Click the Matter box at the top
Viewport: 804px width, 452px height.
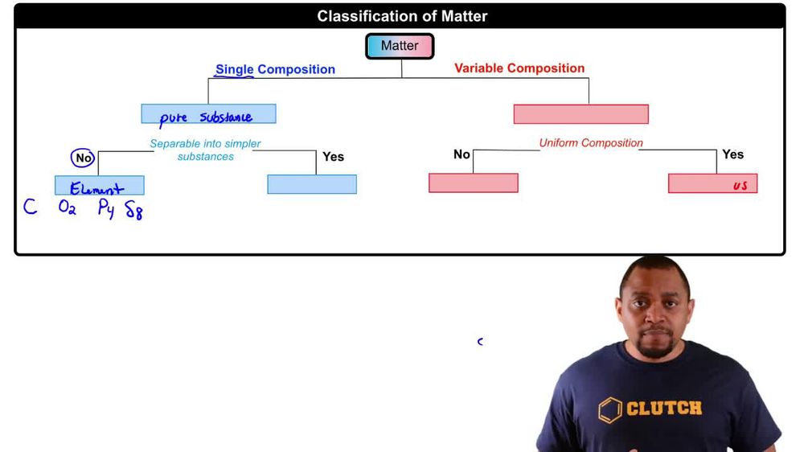click(400, 46)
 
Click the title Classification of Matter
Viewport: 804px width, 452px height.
click(402, 16)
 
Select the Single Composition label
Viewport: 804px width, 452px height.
click(275, 69)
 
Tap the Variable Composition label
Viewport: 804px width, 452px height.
click(519, 68)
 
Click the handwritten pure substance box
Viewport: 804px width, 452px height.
click(208, 114)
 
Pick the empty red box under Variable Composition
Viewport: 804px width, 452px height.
click(580, 114)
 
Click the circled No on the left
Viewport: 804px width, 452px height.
click(84, 158)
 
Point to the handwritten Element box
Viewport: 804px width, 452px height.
click(99, 186)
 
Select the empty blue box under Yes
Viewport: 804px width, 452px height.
click(312, 184)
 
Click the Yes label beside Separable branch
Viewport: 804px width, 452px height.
click(333, 157)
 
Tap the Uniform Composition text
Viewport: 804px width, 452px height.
click(591, 143)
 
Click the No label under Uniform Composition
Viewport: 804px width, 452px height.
click(461, 154)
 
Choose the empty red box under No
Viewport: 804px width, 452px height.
click(473, 183)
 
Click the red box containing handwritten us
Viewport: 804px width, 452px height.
click(712, 184)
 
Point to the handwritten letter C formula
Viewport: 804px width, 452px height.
click(30, 208)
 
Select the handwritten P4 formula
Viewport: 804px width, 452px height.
click(106, 209)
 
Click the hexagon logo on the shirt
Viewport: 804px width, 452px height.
click(610, 410)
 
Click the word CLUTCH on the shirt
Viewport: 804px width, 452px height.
click(663, 409)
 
